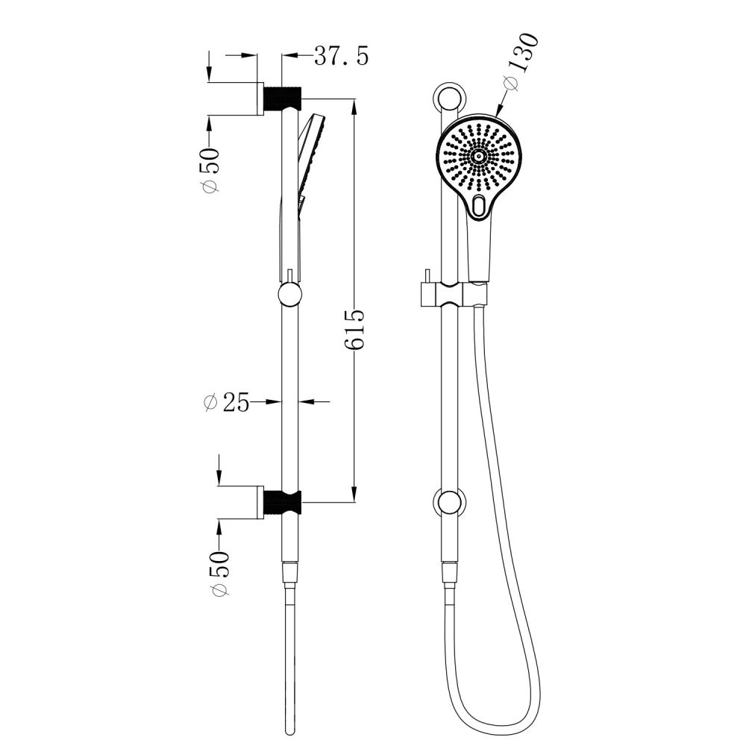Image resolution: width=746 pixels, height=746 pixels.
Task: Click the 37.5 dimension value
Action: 341,56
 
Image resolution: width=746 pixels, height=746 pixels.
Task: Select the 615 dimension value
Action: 354,330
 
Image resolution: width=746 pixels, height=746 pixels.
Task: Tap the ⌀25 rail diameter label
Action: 227,403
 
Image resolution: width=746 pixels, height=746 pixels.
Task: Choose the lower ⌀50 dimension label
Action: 219,573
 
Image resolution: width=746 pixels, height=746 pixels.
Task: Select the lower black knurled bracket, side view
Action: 283,504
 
